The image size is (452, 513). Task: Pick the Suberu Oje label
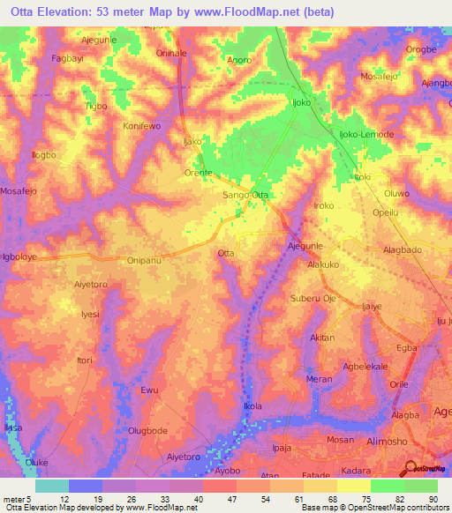click(x=313, y=299)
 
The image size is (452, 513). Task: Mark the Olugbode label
click(x=147, y=430)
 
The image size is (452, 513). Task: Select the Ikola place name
click(x=252, y=406)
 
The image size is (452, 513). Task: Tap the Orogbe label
click(x=421, y=49)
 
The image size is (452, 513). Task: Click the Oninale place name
click(x=171, y=53)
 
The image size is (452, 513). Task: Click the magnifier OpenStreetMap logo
click(x=411, y=468)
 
